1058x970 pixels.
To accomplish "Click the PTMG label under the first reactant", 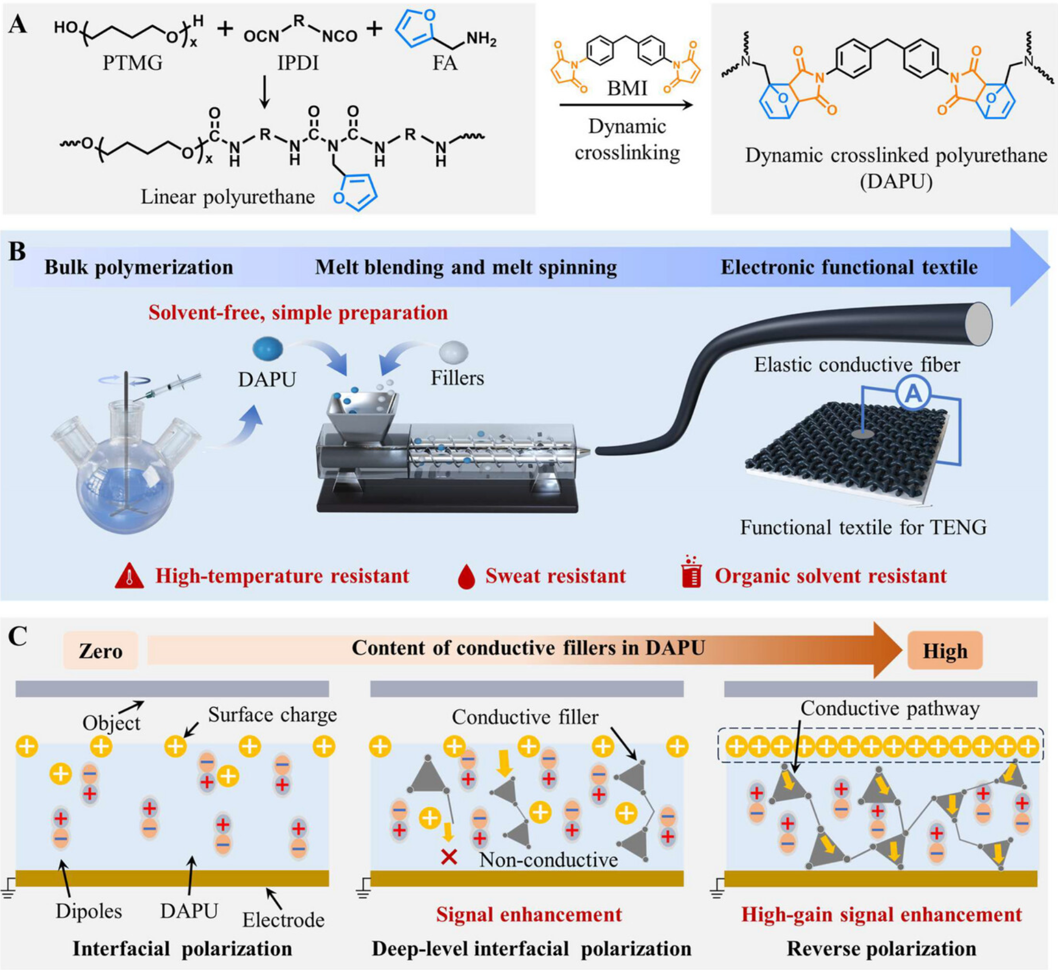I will pyautogui.click(x=132, y=63).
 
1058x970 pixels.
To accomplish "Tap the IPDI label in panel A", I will pyautogui.click(x=298, y=63).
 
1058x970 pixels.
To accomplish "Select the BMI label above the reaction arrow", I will pyautogui.click(x=627, y=88).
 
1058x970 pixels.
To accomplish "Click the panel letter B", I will pyautogui.click(x=17, y=251).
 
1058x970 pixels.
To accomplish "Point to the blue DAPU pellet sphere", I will pyautogui.click(x=268, y=349).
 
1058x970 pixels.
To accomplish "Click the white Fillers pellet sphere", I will pyautogui.click(x=453, y=352).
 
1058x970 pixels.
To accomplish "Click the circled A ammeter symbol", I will pyautogui.click(x=912, y=393).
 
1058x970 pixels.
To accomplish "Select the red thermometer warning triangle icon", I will pyautogui.click(x=130, y=576).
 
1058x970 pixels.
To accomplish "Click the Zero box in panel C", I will pyautogui.click(x=100, y=651).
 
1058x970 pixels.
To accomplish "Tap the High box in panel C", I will pyautogui.click(x=944, y=651).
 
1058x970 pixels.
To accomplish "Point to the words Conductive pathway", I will pyautogui.click(x=889, y=708).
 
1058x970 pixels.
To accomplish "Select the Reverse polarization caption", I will pyautogui.click(x=881, y=949).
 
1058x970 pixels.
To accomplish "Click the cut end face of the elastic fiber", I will pyautogui.click(x=979, y=324).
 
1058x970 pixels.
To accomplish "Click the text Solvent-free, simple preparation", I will pyautogui.click(x=298, y=313).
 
